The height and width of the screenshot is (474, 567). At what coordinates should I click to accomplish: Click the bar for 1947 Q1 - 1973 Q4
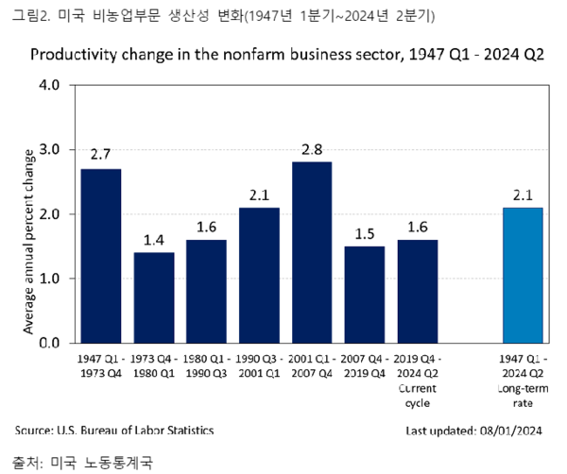click(100, 256)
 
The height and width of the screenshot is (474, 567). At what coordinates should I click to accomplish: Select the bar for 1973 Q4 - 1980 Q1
click(153, 297)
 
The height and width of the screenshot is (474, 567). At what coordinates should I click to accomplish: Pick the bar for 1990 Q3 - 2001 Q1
click(259, 275)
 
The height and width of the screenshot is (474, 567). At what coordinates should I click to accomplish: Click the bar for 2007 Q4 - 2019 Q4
click(365, 294)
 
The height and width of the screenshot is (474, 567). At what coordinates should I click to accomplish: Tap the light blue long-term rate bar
click(523, 275)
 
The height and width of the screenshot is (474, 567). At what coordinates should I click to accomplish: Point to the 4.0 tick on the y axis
click(50, 85)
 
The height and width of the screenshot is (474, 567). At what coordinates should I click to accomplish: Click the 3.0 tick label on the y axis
click(50, 149)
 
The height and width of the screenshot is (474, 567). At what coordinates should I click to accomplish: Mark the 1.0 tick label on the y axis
click(50, 279)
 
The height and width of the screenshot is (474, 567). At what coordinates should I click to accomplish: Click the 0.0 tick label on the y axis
click(50, 343)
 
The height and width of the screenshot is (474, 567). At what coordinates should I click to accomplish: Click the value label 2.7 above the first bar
click(100, 154)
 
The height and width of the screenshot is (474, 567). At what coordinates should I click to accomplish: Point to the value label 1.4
click(153, 238)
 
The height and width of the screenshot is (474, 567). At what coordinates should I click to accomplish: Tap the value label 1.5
click(365, 231)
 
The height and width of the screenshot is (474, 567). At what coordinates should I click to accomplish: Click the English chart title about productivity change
click(287, 54)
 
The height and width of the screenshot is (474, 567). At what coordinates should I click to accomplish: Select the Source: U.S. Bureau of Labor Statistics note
click(114, 431)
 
